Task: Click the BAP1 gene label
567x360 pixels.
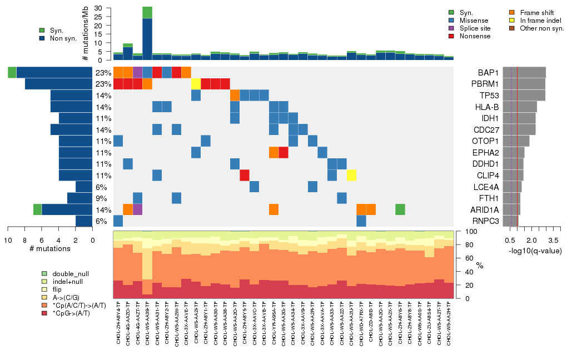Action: pyautogui.click(x=487, y=73)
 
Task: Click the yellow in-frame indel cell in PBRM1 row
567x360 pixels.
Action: pyautogui.click(x=196, y=84)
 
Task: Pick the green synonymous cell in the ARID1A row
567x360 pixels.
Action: pyautogui.click(x=400, y=209)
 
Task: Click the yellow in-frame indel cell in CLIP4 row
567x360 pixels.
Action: pyautogui.click(x=351, y=176)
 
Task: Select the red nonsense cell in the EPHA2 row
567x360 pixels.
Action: pyautogui.click(x=283, y=152)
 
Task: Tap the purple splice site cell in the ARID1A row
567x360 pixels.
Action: pyautogui.click(x=137, y=209)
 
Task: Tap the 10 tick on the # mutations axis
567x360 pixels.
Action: pyautogui.click(x=8, y=239)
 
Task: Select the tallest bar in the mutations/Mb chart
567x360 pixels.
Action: pyautogui.click(x=147, y=33)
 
